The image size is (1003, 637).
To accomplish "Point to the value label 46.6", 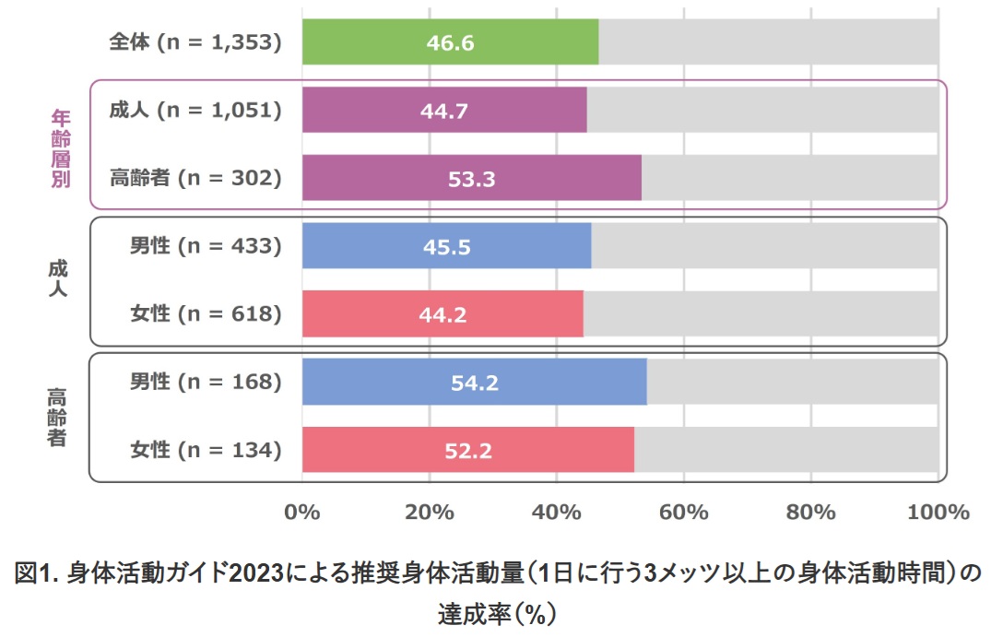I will click(x=450, y=43).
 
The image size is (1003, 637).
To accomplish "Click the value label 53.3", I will click(x=471, y=179).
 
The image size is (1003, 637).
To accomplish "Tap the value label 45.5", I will click(x=445, y=247).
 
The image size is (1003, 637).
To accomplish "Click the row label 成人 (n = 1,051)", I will click(x=195, y=111).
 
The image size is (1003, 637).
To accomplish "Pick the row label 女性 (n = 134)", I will click(x=205, y=450).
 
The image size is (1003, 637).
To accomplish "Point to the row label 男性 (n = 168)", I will click(x=205, y=382).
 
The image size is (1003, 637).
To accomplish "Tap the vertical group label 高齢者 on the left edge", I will click(x=57, y=417).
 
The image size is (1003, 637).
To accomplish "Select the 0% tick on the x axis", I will click(x=301, y=513).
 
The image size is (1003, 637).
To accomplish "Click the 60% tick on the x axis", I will click(x=683, y=513).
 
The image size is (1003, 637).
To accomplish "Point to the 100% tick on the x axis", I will click(x=938, y=513).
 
